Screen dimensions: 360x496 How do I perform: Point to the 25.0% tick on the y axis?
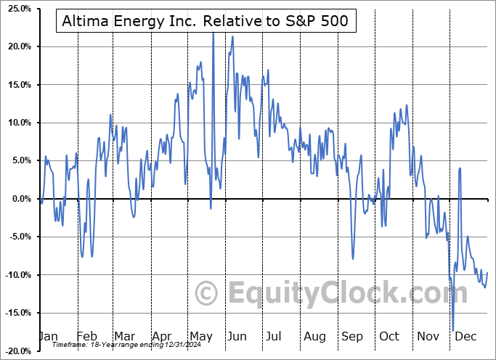pos(17,9)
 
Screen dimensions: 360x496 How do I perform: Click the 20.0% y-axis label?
pos(17,46)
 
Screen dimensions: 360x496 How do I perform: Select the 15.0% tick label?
pos(17,85)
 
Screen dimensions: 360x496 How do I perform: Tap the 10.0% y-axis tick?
pos(17,123)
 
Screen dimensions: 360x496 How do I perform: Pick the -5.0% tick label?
pos(17,237)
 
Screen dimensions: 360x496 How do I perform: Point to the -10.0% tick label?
pos(16,275)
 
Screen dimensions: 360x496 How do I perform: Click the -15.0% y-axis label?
pos(16,313)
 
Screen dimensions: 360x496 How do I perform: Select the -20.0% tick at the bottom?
pos(16,351)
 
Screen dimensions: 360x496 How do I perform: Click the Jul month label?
pos(273,337)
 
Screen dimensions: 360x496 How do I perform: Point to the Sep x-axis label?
pos(351,337)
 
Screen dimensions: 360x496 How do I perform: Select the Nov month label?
pos(428,337)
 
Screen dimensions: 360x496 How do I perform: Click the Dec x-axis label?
pos(465,337)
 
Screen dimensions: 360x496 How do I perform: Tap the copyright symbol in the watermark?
pos(207,293)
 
